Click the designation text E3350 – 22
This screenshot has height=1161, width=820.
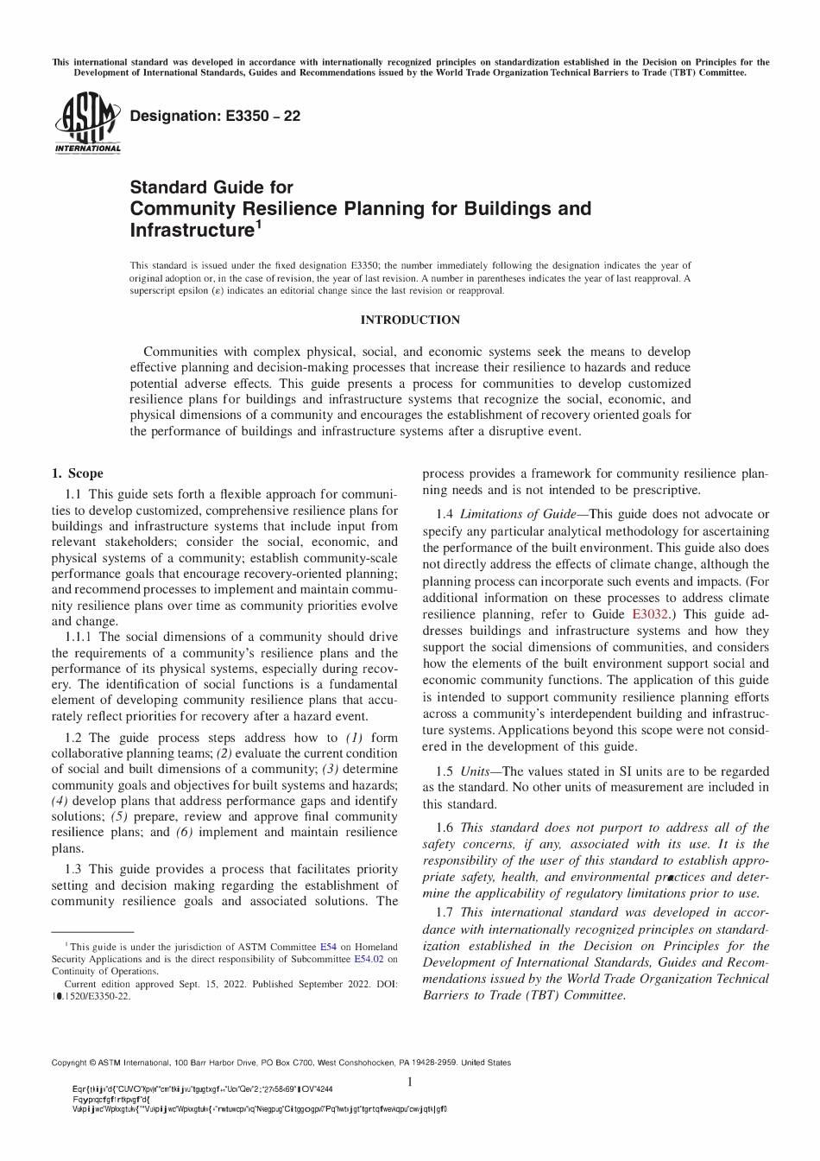coord(214,116)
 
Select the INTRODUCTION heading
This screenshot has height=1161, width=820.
coord(410,320)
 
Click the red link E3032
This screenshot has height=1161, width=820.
coord(650,614)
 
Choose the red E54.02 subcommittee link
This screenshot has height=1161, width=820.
coord(369,959)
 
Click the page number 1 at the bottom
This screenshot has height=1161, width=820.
coord(410,1082)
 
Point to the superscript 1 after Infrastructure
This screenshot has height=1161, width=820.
coord(258,225)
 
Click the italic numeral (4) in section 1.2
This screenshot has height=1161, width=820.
coord(63,801)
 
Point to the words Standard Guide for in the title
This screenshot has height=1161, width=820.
coord(211,187)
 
